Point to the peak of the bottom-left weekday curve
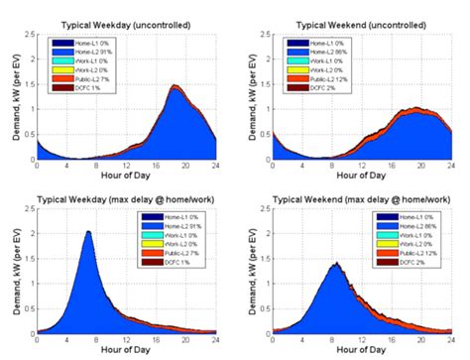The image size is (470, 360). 88,232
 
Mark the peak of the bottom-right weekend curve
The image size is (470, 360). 336,263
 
